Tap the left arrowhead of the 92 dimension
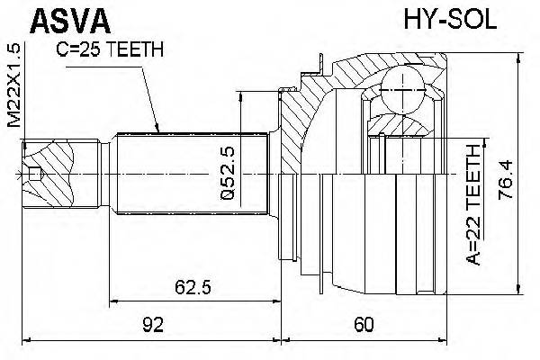[x=25, y=341]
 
